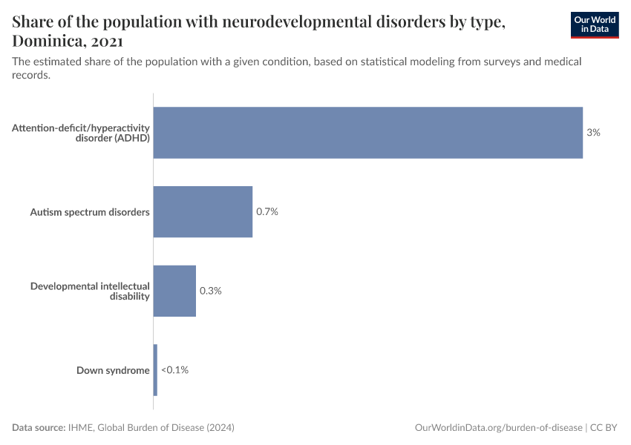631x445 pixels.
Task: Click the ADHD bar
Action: (367, 133)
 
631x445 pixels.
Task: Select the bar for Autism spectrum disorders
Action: (203, 211)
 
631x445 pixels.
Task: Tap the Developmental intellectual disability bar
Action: (174, 291)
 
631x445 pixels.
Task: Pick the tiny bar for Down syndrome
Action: (155, 369)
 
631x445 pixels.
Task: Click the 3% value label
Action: (592, 133)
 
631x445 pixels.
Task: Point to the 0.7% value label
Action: (267, 212)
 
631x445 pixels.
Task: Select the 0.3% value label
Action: (210, 291)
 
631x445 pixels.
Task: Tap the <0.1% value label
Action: (174, 369)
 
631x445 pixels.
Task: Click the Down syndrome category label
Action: (113, 370)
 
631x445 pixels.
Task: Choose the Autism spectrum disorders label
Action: (90, 212)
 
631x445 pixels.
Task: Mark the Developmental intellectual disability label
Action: (90, 291)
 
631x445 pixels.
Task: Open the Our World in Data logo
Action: (595, 25)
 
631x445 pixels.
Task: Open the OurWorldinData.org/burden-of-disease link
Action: (497, 428)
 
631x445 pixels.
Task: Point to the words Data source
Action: (38, 428)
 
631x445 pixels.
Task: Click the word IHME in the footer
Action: (80, 428)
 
